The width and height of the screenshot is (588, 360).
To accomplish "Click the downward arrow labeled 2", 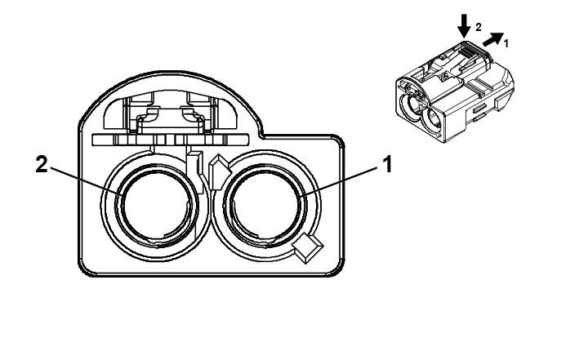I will tap(465, 25).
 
